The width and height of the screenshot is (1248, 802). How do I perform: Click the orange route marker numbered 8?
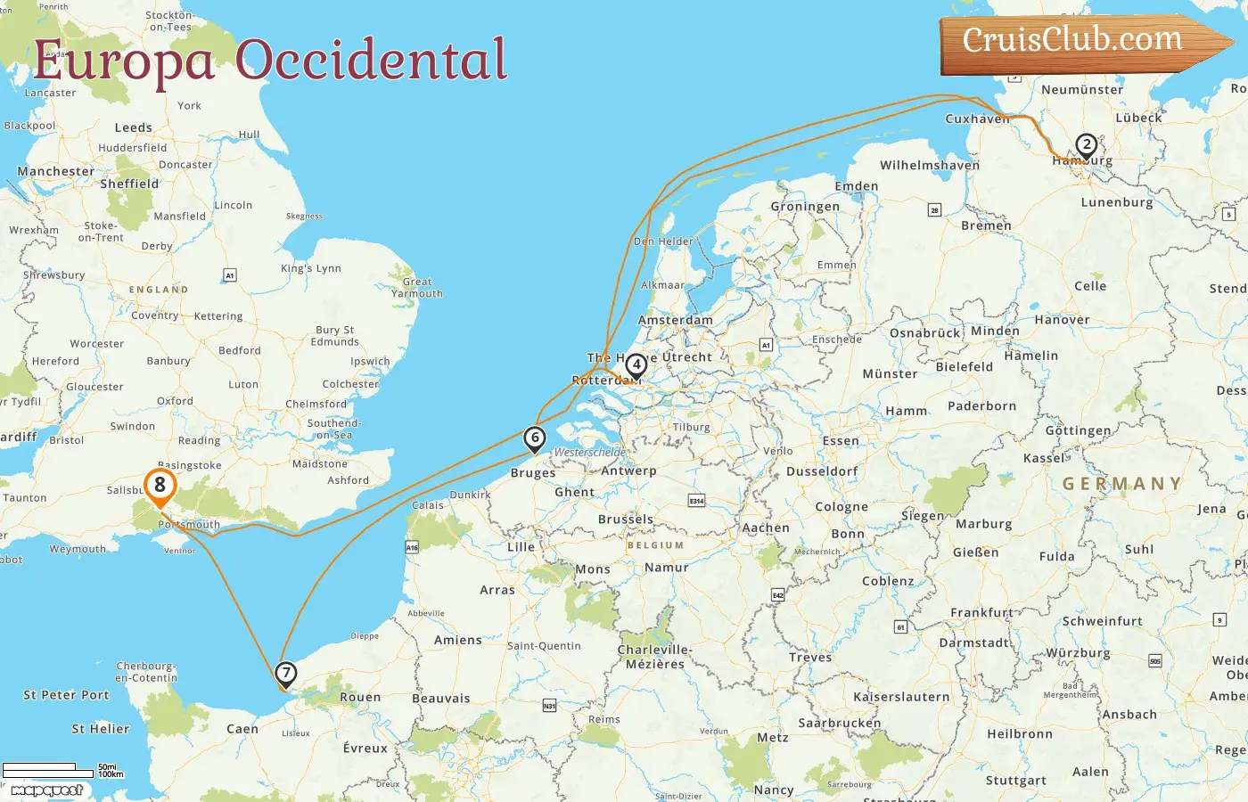(160, 487)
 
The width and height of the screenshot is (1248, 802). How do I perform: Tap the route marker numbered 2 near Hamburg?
(1086, 145)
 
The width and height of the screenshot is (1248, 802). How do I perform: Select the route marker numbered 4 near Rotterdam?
(636, 365)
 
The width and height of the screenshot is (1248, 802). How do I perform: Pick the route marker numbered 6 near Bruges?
(534, 438)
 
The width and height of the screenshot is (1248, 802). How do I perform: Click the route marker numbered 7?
(285, 674)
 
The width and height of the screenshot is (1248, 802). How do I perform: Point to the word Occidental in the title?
(371, 61)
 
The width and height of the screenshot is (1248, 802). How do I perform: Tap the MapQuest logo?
(47, 790)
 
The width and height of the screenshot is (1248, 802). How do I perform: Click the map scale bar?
(49, 770)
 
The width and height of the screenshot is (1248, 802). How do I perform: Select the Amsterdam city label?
(675, 321)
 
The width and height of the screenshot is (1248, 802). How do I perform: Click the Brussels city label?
(626, 519)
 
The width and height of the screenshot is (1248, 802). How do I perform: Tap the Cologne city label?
(842, 507)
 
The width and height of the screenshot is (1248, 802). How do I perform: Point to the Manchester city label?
(55, 171)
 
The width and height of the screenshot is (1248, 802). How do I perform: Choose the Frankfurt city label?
(981, 612)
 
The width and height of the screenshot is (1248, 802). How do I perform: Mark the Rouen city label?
(360, 697)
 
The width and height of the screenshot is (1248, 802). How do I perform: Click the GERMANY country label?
(1121, 484)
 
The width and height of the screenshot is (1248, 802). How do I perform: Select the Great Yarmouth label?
(416, 287)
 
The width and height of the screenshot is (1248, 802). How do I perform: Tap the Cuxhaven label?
(977, 119)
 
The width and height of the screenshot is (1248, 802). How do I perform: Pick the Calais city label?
(428, 505)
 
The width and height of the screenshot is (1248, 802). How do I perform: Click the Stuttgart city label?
(1015, 781)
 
